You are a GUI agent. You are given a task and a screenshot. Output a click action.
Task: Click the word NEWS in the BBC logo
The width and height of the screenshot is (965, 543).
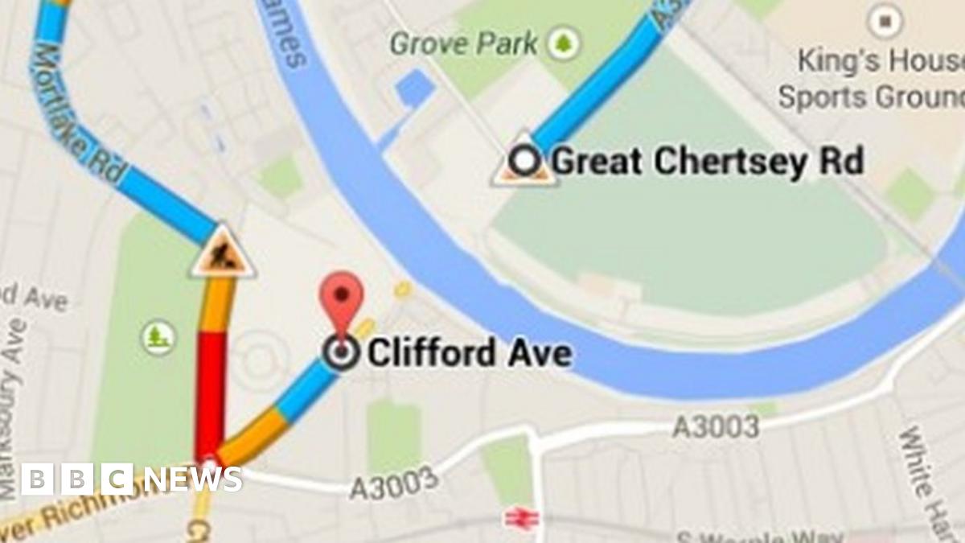click(193, 479)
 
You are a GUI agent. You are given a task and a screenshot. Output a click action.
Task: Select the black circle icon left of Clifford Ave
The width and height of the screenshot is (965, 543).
click(343, 352)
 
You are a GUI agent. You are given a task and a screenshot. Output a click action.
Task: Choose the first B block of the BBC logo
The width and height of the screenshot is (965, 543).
click(36, 479)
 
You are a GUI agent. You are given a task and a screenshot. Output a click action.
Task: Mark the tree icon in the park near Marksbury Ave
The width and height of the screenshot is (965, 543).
click(158, 338)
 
